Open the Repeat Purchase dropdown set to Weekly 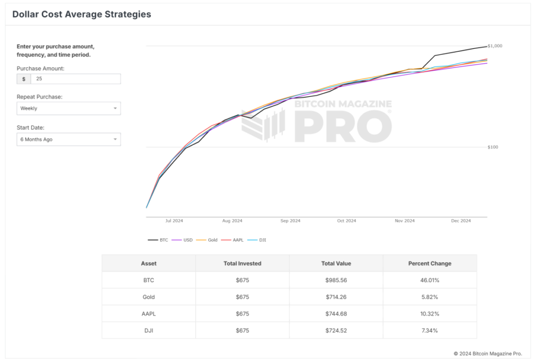pos(69,108)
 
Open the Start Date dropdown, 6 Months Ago pos(69,140)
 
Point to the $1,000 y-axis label pos(495,46)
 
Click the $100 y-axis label pos(493,147)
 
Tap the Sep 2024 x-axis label pos(291,221)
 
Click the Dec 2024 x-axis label pos(461,221)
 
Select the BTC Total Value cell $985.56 pos(336,280)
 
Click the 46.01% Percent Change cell pos(430,280)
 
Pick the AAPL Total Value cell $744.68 pos(336,314)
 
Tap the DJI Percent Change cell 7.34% pos(430,331)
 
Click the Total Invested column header pos(242,263)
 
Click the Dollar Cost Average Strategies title pos(82,15)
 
